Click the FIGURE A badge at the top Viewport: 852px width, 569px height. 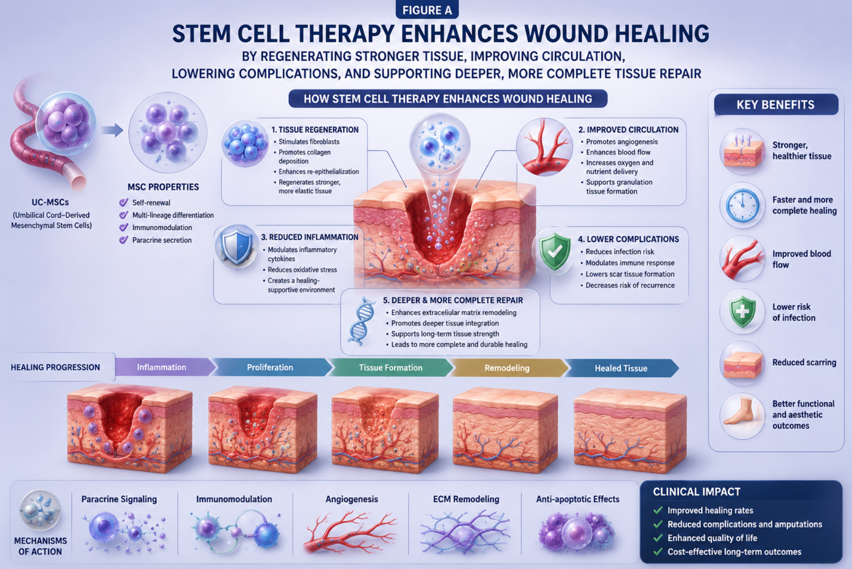[x=427, y=10]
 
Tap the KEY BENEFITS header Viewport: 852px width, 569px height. [x=776, y=104]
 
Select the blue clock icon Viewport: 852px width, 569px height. [x=742, y=205]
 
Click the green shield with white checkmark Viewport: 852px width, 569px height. [x=555, y=252]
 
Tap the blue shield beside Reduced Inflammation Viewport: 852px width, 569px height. [x=236, y=246]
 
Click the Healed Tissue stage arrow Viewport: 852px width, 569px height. [x=621, y=368]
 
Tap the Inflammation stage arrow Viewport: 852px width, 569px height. [x=164, y=367]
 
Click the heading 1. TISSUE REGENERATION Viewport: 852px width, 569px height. [x=315, y=129]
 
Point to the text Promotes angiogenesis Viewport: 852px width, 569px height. [x=622, y=142]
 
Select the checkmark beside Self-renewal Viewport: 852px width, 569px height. [x=124, y=202]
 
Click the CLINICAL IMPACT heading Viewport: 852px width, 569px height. [x=696, y=492]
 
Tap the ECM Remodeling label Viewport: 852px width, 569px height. [x=466, y=499]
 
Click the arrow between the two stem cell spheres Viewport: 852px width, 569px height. [x=112, y=130]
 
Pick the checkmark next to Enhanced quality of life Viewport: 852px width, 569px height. [x=657, y=538]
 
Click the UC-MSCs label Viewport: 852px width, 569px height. [x=50, y=202]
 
